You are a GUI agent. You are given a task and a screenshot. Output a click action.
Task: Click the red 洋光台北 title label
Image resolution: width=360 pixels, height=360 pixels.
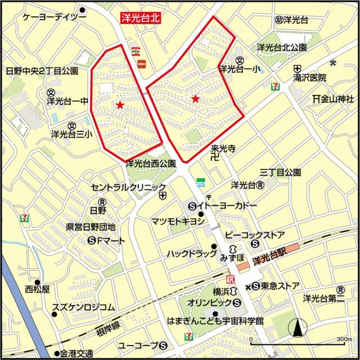pos(141,18)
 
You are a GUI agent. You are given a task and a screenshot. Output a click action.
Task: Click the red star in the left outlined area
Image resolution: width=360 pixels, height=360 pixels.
pos(120,105)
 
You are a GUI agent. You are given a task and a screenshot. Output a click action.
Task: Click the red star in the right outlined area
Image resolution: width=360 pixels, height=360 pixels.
pos(195,99)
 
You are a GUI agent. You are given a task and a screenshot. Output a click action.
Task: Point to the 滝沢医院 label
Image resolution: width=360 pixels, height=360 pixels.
pos(309,78)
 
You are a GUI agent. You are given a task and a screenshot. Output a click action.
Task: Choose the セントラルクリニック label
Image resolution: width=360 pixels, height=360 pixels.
pos(128,187)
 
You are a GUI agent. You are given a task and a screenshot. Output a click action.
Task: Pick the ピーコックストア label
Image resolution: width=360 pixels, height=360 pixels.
pos(254,235)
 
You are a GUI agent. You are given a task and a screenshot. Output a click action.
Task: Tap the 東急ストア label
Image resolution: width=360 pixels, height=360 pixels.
pos(280,286)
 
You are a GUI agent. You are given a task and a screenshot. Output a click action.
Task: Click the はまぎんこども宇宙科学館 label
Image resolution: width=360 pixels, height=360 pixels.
pos(215,322)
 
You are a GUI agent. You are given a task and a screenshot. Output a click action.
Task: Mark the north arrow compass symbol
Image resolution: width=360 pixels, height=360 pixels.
pos(298,327)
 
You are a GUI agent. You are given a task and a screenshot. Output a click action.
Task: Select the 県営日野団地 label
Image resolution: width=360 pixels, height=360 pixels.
pos(91,227)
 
